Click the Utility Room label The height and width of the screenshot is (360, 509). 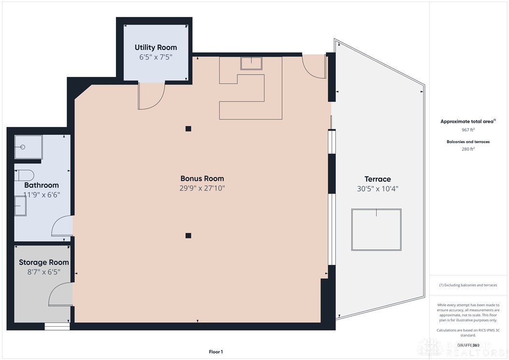coord(156,47)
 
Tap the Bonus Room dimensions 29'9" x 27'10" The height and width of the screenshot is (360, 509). coord(202,188)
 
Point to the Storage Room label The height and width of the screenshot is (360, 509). coord(43,262)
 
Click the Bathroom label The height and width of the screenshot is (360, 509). coord(42,185)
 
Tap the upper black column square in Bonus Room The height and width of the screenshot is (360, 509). coord(188,129)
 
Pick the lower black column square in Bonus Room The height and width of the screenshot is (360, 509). coord(188,235)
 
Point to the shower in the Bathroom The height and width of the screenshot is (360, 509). coord(28,147)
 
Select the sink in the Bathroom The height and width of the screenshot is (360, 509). coord(20,206)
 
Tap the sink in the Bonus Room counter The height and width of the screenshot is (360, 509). coord(251,63)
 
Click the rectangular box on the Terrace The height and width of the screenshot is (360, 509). coord(376,230)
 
